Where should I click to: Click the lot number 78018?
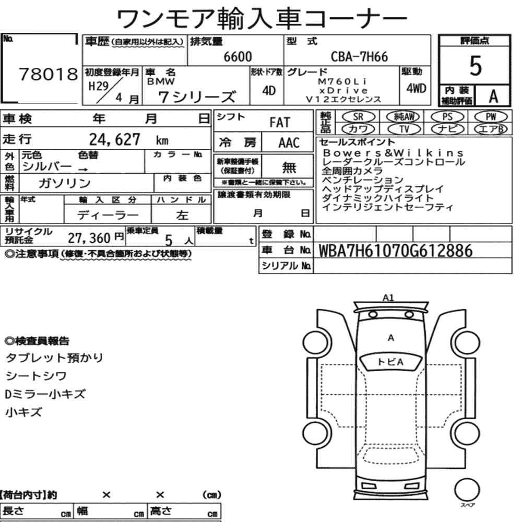click(x=48, y=74)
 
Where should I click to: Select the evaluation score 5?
click(x=476, y=66)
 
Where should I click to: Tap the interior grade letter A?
click(x=493, y=96)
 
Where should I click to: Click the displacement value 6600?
click(x=238, y=56)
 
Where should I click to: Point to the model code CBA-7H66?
click(x=359, y=56)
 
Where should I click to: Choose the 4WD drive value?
click(x=416, y=88)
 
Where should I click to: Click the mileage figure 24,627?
click(x=114, y=139)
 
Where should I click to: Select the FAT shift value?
click(x=280, y=123)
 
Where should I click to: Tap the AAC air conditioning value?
click(x=289, y=143)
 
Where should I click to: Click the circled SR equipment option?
click(x=358, y=117)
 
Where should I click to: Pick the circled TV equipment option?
click(x=404, y=129)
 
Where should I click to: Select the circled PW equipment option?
click(x=491, y=117)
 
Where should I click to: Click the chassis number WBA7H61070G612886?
click(x=396, y=251)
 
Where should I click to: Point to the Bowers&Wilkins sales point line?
click(x=393, y=153)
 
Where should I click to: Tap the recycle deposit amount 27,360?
click(x=89, y=238)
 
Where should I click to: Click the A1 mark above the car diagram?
click(x=388, y=298)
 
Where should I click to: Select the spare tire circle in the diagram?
click(x=467, y=490)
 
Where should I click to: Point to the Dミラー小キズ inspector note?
click(x=45, y=394)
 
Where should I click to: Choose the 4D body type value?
click(x=269, y=90)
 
